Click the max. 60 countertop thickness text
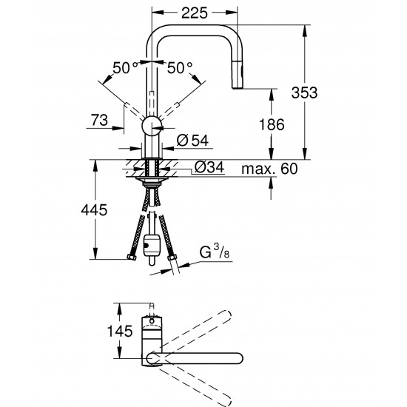point(269,169)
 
